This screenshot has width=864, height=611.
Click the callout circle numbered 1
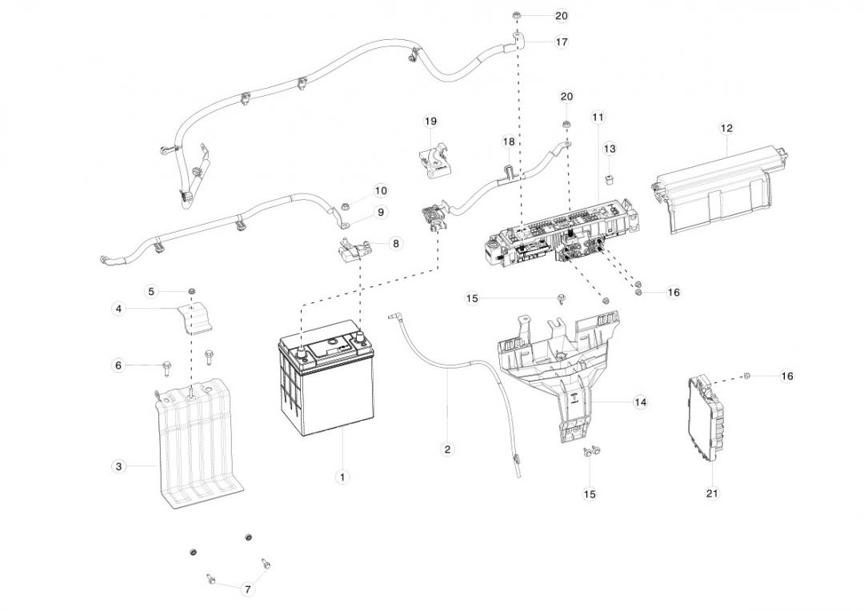pyautogui.click(x=342, y=477)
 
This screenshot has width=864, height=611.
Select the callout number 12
pyautogui.click(x=726, y=128)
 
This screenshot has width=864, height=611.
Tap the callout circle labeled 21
pyautogui.click(x=712, y=493)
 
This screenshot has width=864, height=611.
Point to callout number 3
pyautogui.click(x=118, y=465)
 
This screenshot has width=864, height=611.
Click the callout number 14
pyautogui.click(x=640, y=402)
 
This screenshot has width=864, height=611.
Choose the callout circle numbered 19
pyautogui.click(x=430, y=122)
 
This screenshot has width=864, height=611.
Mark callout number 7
pyautogui.click(x=247, y=589)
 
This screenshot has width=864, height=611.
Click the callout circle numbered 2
pyautogui.click(x=447, y=449)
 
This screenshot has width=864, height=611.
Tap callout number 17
pyautogui.click(x=562, y=42)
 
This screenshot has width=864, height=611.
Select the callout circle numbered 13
pyautogui.click(x=610, y=150)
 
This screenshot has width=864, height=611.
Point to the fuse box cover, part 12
pyautogui.click(x=716, y=192)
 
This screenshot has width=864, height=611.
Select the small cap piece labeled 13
pyautogui.click(x=609, y=177)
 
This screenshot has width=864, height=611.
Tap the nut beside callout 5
pyautogui.click(x=191, y=290)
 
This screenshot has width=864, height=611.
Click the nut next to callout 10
pyautogui.click(x=342, y=207)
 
